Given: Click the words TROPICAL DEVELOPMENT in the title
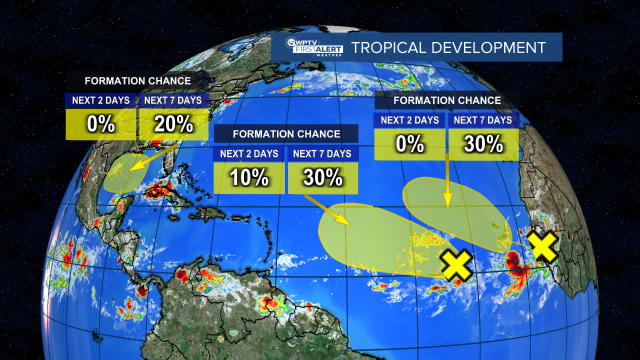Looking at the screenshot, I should (448, 48).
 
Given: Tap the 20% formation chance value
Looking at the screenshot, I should (173, 124).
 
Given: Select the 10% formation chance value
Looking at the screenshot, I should (249, 177).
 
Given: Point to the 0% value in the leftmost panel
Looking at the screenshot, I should (101, 124).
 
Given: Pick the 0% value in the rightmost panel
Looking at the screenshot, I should (409, 144).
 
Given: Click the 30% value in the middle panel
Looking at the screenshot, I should (322, 177).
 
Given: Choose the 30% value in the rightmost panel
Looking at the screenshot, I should (483, 144).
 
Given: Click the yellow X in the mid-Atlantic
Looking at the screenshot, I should (456, 265).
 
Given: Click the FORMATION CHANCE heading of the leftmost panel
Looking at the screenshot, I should (137, 80).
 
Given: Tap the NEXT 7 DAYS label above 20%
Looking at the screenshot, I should (172, 100).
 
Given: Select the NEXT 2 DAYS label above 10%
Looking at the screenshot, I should (248, 153).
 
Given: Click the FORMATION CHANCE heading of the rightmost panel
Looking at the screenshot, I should (447, 100).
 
